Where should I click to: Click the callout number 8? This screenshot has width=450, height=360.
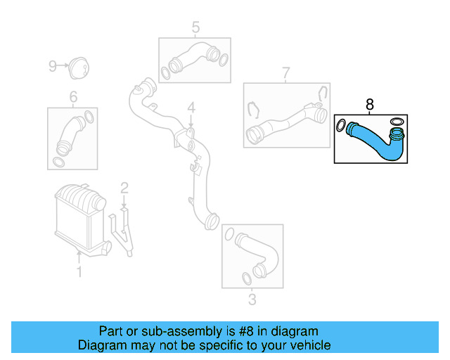pos(370,105)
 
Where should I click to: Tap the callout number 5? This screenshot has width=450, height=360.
pos(195,27)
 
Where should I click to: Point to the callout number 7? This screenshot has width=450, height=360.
pos(285,73)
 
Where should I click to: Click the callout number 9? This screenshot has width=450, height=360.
pos(52,66)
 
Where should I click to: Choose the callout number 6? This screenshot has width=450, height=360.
pos(72,97)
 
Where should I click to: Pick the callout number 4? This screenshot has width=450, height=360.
pos(190,108)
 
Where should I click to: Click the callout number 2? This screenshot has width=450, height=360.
pos(124,188)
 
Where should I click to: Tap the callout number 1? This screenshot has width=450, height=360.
pos(79,271)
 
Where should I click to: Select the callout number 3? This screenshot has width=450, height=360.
pos(252,300)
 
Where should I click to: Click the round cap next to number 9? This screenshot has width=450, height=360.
pos(77,67)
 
